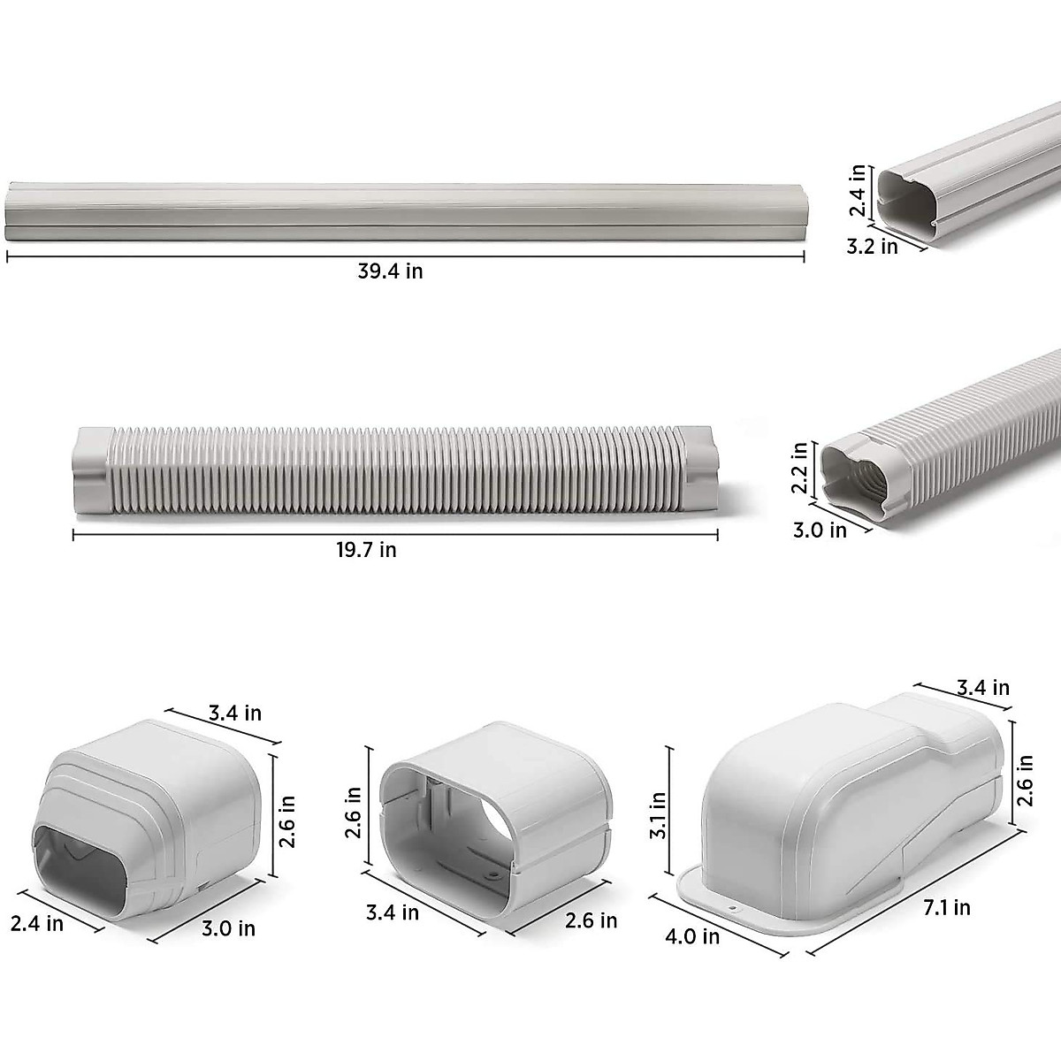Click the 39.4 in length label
(390, 271)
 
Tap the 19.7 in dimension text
(366, 550)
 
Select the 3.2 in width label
(872, 247)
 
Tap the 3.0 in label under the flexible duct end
(820, 530)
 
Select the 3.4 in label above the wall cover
(983, 687)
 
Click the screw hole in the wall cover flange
(733, 907)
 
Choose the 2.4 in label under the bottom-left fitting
(37, 923)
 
